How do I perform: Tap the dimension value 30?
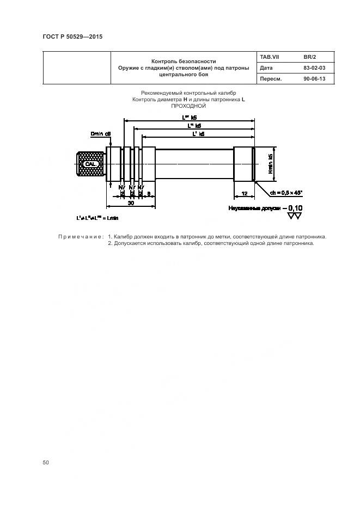[x=131, y=203]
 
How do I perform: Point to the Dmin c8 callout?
[x=101, y=133]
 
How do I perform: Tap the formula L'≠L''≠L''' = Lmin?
[x=97, y=217]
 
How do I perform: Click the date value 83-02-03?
[x=314, y=68]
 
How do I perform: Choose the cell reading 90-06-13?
[x=314, y=79]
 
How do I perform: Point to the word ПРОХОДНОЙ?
[x=187, y=106]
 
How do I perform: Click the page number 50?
[x=46, y=463]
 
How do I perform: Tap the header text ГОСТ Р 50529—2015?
[x=72, y=36]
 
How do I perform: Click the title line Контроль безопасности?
[x=184, y=62]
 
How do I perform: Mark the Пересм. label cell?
[x=271, y=79]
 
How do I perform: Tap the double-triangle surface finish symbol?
[x=295, y=216]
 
